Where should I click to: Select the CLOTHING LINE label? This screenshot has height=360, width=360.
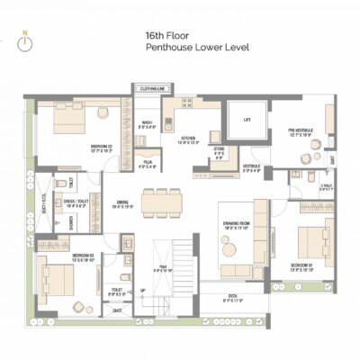pyautogui.click(x=149, y=88)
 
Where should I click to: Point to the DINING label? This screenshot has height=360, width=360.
pyautogui.click(x=123, y=204)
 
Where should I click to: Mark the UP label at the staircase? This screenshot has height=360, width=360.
pyautogui.click(x=142, y=290)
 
